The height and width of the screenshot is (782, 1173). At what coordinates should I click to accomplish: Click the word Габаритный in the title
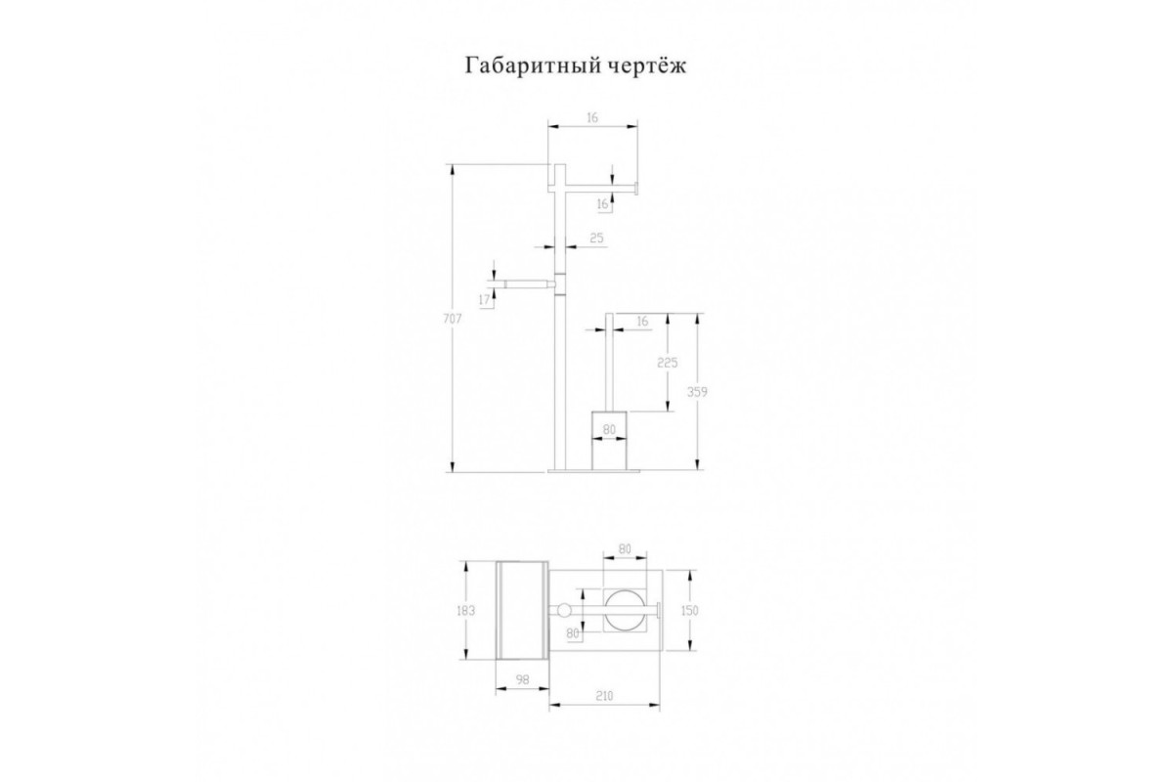pos(533,67)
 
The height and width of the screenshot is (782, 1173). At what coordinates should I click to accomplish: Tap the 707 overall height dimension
pos(452,319)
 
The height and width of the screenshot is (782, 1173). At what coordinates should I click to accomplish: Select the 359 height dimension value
pos(697,392)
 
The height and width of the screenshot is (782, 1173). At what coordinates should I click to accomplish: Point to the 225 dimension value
pos(667,362)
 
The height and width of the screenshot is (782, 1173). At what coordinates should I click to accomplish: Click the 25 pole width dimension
pos(596,238)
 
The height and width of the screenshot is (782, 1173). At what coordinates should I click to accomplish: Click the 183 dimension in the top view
pos(465,610)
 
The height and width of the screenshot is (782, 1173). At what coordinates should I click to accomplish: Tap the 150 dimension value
pos(690,610)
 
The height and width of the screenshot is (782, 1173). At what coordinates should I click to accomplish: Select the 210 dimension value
pos(604,696)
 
